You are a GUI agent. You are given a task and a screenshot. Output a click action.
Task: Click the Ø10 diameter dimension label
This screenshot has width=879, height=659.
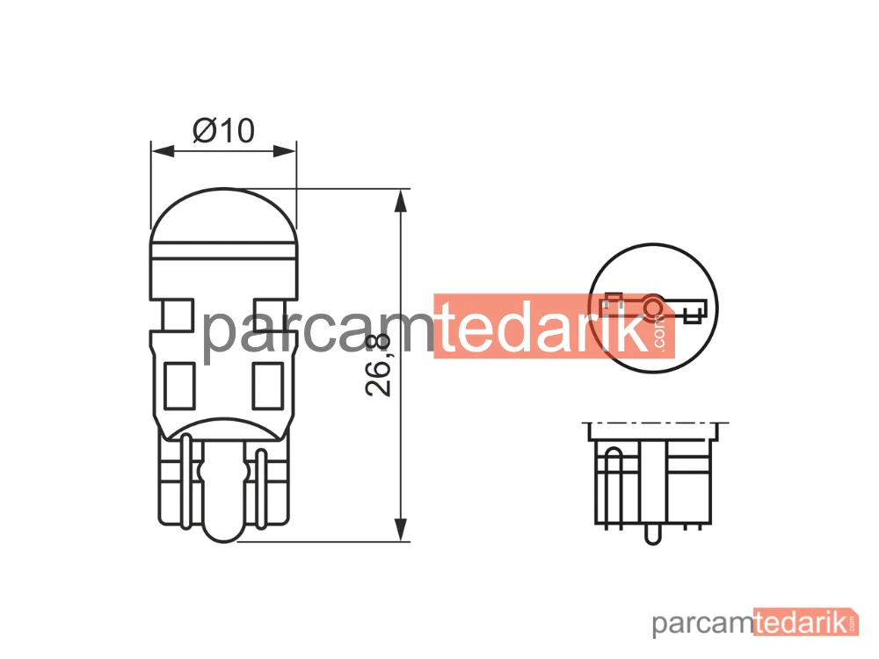(223, 131)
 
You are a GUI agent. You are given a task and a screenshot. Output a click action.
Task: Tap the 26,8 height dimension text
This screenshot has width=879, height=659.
(378, 366)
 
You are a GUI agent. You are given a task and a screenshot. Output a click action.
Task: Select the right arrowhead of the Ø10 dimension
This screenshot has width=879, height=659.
(284, 151)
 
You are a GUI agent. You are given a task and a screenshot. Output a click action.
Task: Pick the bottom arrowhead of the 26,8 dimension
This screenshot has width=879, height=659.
(400, 530)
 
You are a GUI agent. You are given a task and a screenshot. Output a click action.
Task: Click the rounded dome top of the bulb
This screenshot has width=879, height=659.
(223, 216)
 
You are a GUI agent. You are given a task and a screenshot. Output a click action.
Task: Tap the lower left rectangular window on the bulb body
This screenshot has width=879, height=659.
(179, 386)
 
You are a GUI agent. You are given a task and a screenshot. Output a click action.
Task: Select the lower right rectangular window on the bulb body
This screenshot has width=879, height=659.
(268, 386)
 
